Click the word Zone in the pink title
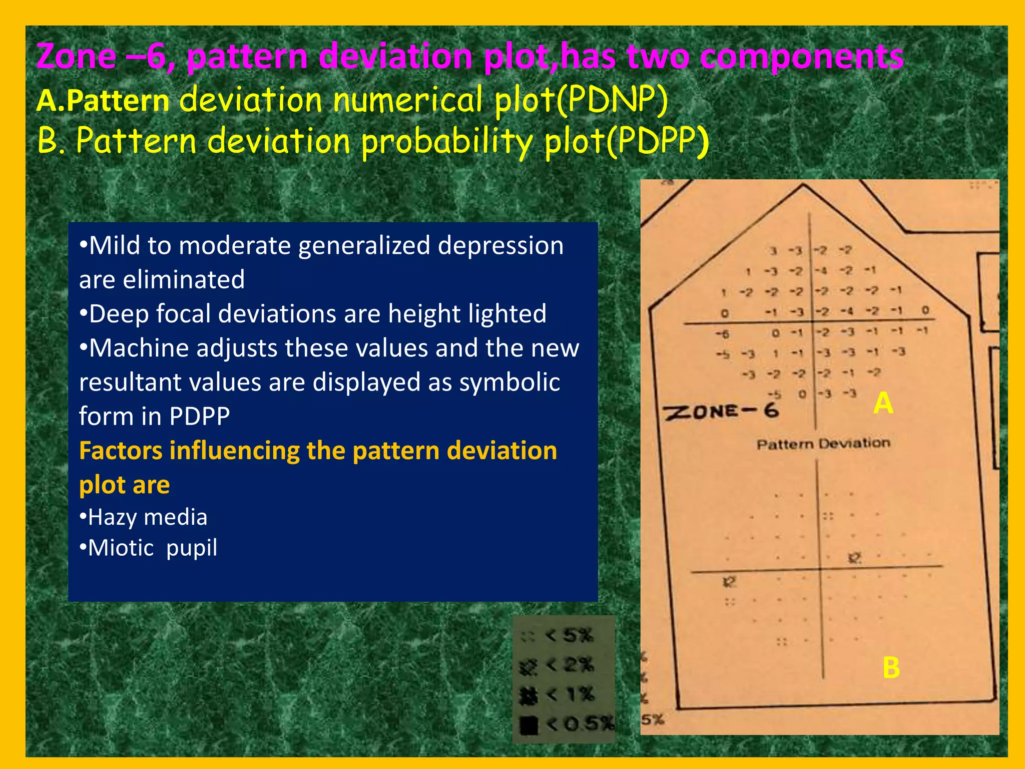(x=76, y=56)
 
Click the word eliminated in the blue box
(x=184, y=279)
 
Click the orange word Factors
(x=121, y=451)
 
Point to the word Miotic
(x=121, y=548)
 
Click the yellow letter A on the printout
(x=883, y=403)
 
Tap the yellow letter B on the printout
(x=891, y=668)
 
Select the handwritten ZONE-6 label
(x=721, y=412)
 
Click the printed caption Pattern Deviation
(x=823, y=444)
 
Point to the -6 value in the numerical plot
(x=722, y=333)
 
